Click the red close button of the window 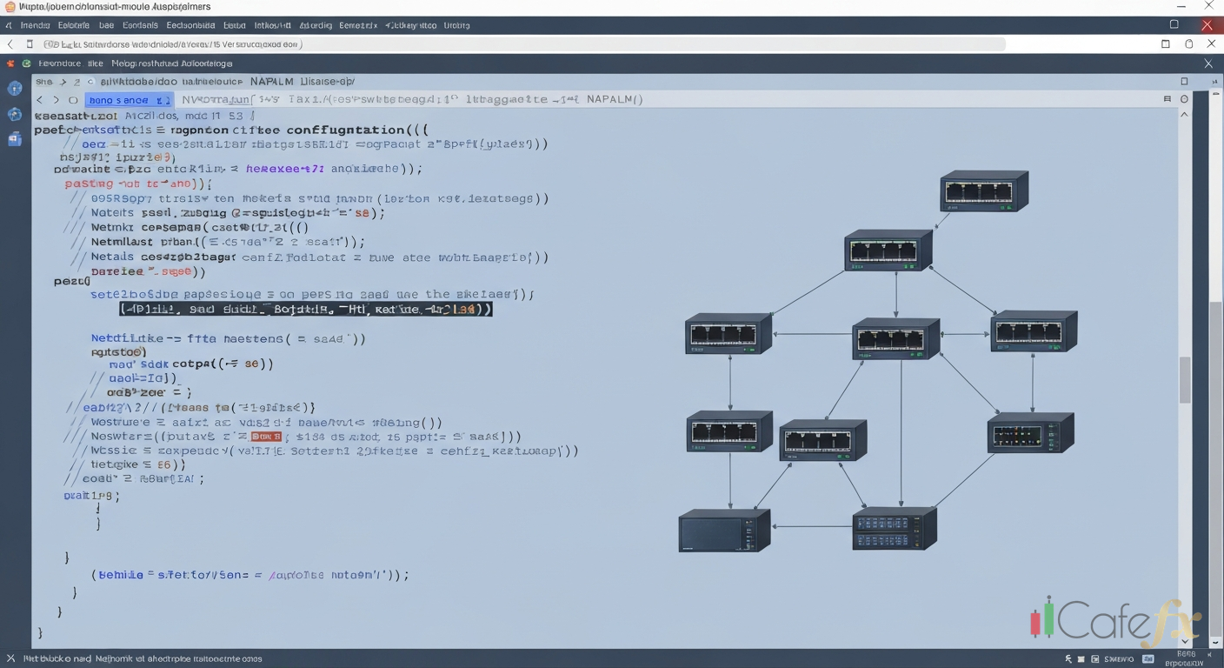point(1207,25)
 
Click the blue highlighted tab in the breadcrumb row point(129,100)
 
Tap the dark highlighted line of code point(305,309)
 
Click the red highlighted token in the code point(266,437)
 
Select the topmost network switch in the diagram point(984,191)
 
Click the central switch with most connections point(895,338)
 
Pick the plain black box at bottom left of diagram point(723,530)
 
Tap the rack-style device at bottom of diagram point(895,528)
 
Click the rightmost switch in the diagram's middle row point(1033,331)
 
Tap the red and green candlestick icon point(1042,618)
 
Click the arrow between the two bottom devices point(812,526)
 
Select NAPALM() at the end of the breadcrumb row point(615,99)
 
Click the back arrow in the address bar point(10,44)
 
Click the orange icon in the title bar point(9,6)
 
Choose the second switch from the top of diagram point(888,250)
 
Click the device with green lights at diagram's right point(1030,433)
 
